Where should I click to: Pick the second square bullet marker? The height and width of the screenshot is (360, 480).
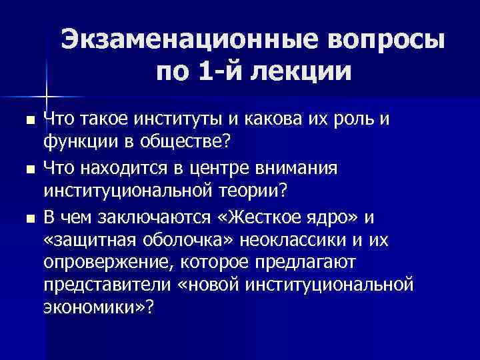[28, 170]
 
